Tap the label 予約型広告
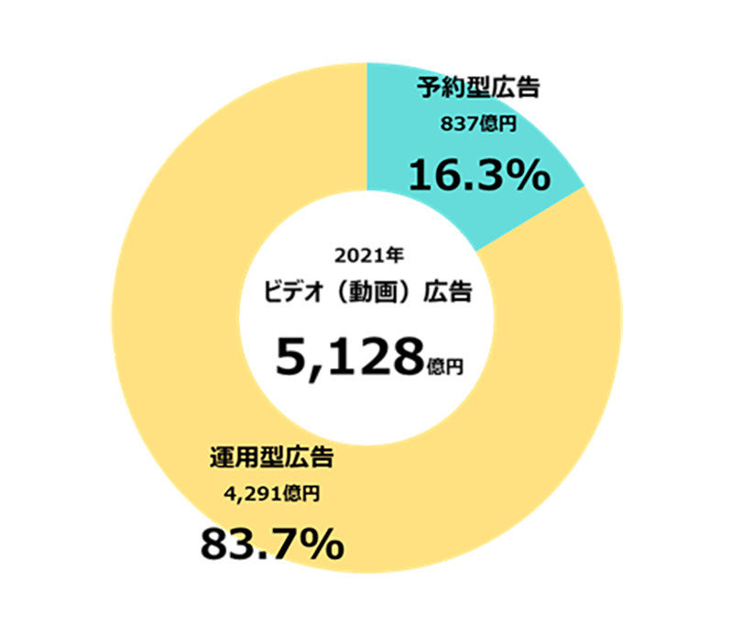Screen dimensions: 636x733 [x=479, y=89]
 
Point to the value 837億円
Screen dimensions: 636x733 [x=479, y=126]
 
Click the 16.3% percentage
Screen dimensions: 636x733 [x=478, y=175]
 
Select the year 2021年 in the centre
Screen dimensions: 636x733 [x=366, y=254]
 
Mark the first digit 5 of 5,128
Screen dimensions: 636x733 [x=291, y=357]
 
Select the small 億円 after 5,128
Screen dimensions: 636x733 [x=445, y=367]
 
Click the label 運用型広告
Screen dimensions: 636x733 [x=272, y=457]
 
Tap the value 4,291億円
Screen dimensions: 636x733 [x=272, y=495]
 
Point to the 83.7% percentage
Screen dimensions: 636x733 [x=272, y=545]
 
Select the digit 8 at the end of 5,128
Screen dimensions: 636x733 [x=406, y=357]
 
